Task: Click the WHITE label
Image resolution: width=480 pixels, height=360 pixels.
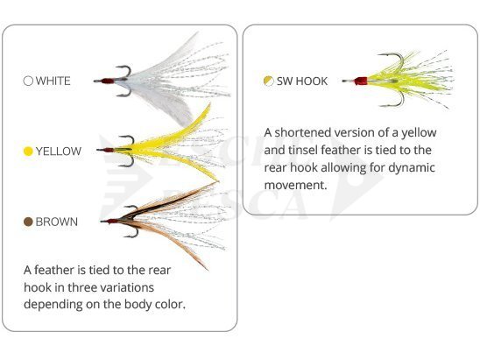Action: click(x=53, y=81)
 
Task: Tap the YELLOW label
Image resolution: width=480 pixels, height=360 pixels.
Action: click(x=59, y=152)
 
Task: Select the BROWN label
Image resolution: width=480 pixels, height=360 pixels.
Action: click(x=57, y=222)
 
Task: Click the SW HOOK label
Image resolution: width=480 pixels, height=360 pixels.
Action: click(x=302, y=81)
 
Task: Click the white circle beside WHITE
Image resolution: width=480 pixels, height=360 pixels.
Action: click(x=28, y=81)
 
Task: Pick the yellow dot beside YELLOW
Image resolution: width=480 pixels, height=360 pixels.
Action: click(x=28, y=152)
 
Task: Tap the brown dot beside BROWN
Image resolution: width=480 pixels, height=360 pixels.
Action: click(x=28, y=222)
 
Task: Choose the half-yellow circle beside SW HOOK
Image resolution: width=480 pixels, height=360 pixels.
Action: click(x=269, y=81)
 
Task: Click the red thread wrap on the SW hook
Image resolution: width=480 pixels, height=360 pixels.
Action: click(x=361, y=81)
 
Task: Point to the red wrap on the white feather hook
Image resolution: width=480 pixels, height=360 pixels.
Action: click(x=108, y=81)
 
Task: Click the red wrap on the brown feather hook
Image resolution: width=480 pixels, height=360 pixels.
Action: click(x=113, y=221)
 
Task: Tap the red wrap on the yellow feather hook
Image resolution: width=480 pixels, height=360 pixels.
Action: click(x=109, y=150)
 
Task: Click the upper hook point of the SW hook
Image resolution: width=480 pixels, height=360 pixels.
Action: click(x=379, y=55)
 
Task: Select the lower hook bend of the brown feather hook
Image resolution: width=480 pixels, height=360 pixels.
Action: click(x=131, y=233)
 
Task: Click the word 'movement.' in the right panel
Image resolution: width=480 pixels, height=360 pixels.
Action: click(x=296, y=185)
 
